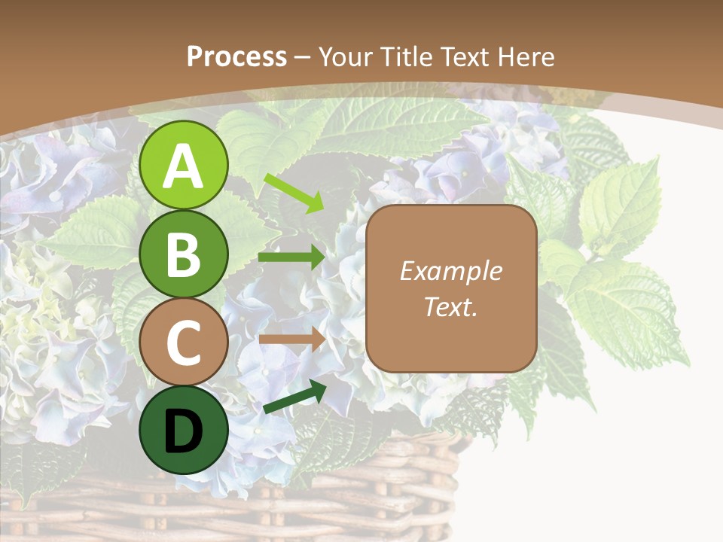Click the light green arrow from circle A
pyautogui.click(x=294, y=192)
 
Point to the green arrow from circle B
pyautogui.click(x=291, y=257)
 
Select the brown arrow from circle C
pyautogui.click(x=291, y=339)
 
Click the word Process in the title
pyautogui.click(x=236, y=57)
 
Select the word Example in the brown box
pyautogui.click(x=450, y=271)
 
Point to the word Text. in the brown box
pyautogui.click(x=450, y=306)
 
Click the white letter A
pyautogui.click(x=184, y=166)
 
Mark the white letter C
pyautogui.click(x=184, y=343)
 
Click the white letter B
pyautogui.click(x=184, y=254)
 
